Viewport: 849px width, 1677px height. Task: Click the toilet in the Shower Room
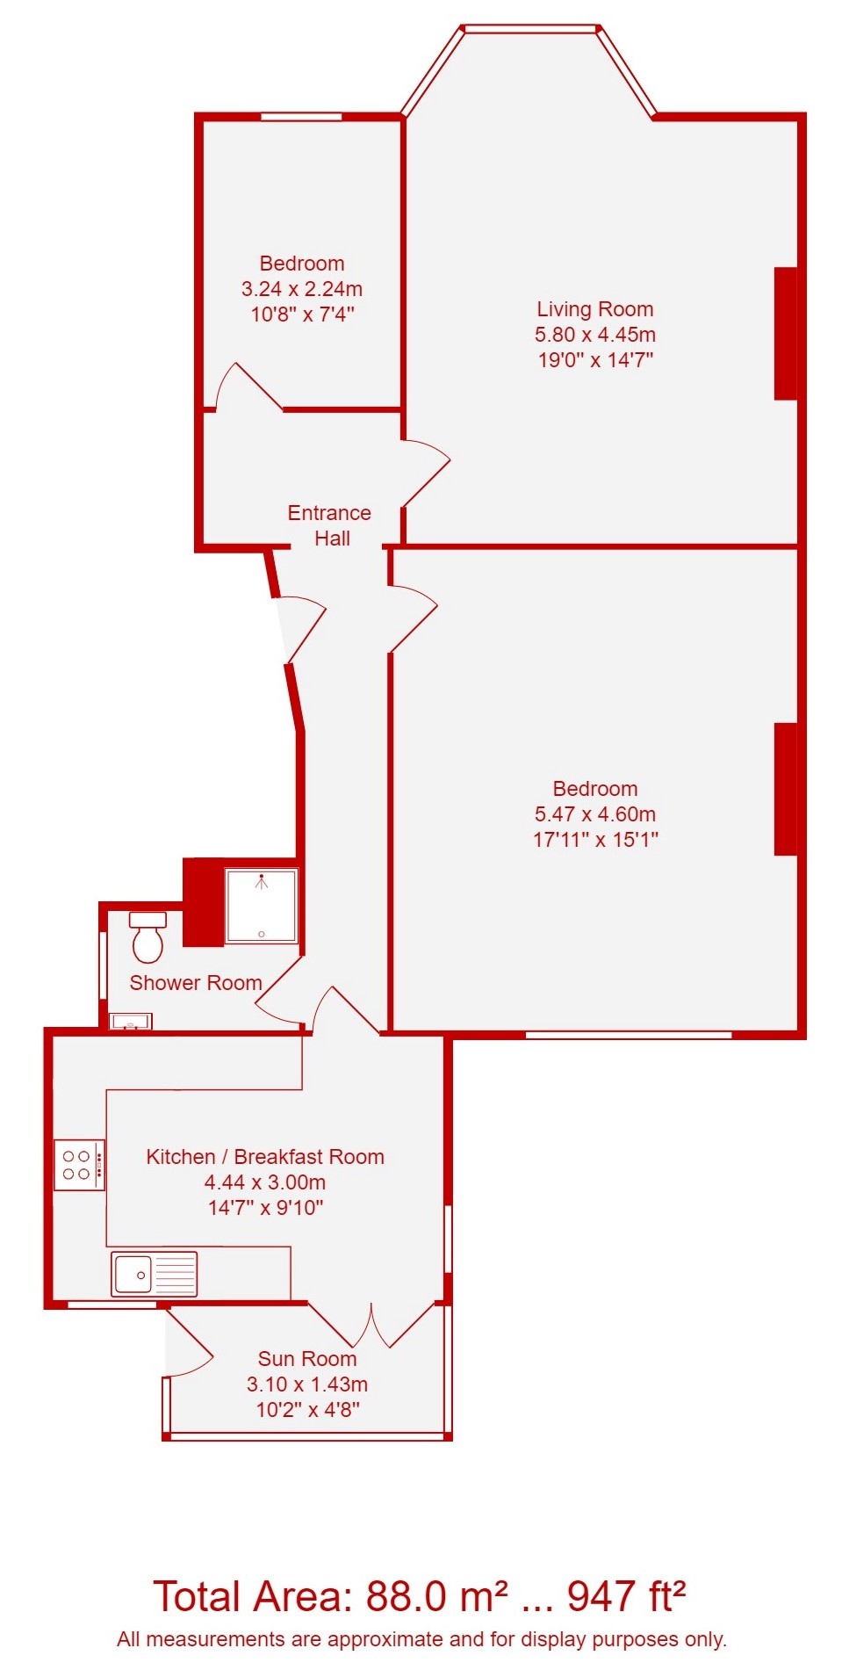click(147, 936)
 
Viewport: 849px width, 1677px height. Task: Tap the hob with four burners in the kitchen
click(79, 1165)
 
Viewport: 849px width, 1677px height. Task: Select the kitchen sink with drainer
click(155, 1274)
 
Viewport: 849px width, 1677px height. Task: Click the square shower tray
click(262, 906)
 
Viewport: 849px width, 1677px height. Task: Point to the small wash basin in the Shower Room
click(130, 1022)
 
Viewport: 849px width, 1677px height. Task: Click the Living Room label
click(595, 309)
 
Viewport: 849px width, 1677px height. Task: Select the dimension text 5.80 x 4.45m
click(595, 335)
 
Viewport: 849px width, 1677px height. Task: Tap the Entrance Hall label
click(330, 525)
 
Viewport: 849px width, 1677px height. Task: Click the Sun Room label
click(307, 1359)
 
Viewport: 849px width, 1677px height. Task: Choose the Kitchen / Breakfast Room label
click(265, 1157)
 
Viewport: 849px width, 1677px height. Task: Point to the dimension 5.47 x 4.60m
click(595, 814)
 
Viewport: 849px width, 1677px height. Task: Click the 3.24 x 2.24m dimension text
click(302, 289)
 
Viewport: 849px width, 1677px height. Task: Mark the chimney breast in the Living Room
click(786, 334)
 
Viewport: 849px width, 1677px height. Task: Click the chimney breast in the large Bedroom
click(786, 789)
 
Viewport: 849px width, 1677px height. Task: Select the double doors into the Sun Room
click(372, 1325)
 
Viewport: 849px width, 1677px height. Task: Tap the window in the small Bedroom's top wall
click(302, 116)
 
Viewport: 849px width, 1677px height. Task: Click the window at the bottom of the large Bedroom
click(629, 1035)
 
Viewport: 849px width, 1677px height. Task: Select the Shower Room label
click(196, 983)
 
